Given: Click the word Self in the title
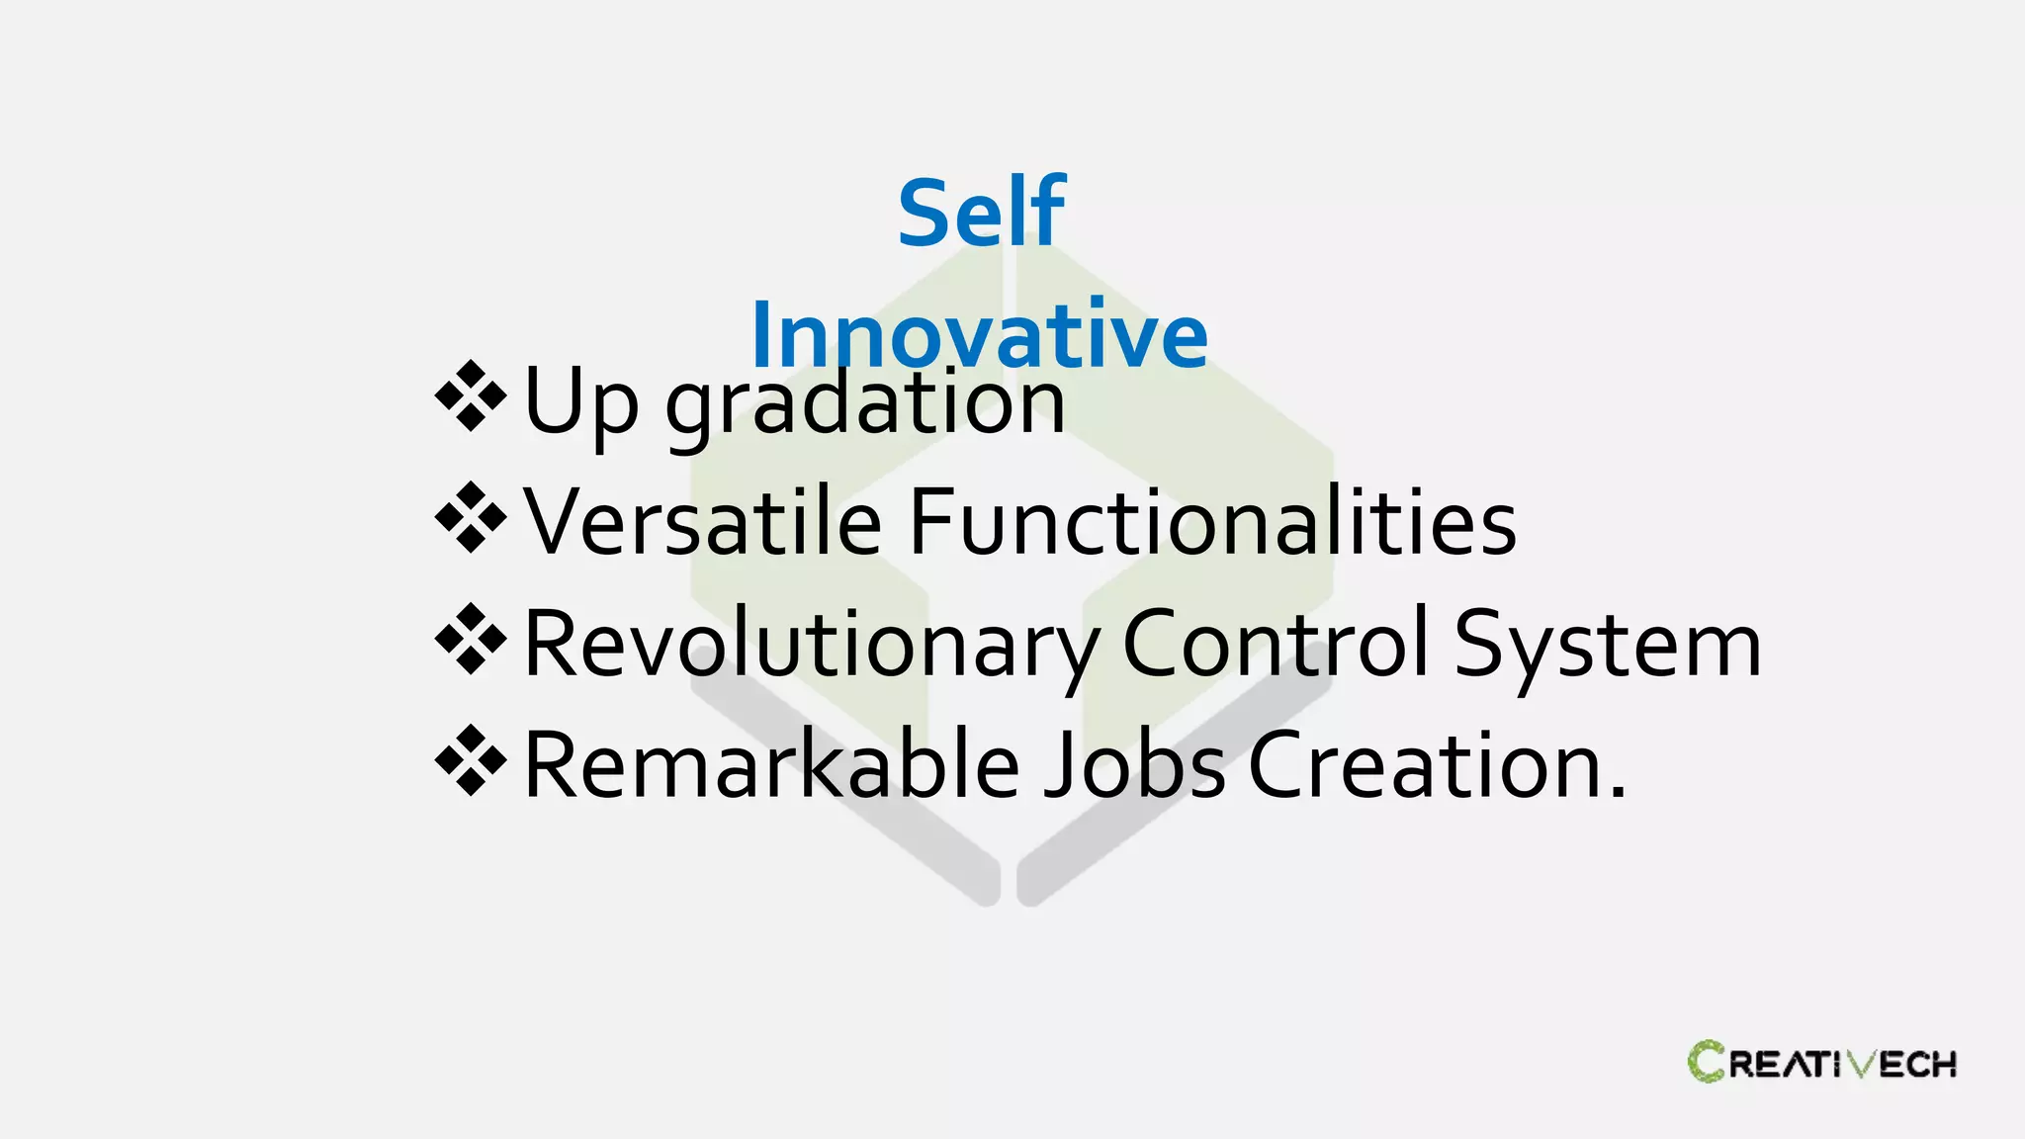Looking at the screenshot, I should point(981,213).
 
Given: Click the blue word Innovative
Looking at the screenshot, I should point(979,334).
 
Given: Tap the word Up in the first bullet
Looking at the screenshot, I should point(581,401).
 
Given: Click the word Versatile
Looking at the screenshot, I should point(702,521).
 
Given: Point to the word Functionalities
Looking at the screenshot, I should point(1212,521).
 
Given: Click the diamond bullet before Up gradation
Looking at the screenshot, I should point(471,396).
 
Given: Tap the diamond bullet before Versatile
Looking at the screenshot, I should point(471,517).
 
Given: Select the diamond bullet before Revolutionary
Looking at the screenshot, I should point(471,639).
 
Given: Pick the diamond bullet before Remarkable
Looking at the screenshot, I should point(471,760).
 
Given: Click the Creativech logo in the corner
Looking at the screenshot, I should point(1821,1063).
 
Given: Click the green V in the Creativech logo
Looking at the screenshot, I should point(1861,1064).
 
